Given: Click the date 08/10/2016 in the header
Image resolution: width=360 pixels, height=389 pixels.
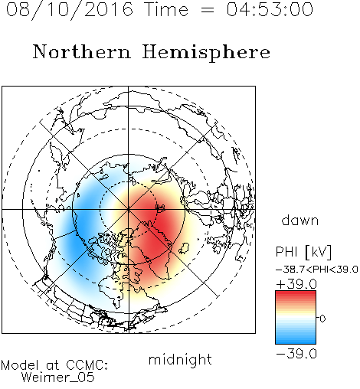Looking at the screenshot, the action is (70, 10).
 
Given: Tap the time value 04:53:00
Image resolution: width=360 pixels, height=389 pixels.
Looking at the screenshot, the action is (270, 9).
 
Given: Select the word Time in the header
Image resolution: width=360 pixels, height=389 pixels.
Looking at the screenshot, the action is (166, 9).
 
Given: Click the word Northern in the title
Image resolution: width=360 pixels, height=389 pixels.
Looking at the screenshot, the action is (82, 51).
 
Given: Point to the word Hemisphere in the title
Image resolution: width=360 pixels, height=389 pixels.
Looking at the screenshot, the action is (206, 53).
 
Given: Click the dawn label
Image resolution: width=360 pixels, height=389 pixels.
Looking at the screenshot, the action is (300, 220).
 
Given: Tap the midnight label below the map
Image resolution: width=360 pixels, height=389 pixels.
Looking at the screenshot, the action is (180, 359).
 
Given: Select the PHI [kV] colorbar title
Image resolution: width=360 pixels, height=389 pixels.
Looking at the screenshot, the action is (303, 252).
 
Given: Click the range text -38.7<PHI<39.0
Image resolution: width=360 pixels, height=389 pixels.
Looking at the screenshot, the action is (317, 270).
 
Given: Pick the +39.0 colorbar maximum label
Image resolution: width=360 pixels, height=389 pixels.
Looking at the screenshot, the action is (296, 284).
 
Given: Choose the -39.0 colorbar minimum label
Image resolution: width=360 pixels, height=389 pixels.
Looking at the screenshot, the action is (296, 354).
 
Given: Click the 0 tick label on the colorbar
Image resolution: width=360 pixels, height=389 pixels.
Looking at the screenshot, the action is (322, 319).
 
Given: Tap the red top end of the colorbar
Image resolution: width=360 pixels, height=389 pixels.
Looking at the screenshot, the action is (296, 293).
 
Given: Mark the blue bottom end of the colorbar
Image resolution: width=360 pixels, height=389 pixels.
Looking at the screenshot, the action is (296, 342).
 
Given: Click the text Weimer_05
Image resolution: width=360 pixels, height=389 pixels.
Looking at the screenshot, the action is (57, 378).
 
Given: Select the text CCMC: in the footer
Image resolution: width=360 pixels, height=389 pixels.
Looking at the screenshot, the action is (87, 365).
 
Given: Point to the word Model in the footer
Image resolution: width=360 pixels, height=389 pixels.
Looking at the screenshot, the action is (20, 365).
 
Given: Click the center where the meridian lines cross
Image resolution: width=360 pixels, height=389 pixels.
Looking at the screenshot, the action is (129, 209).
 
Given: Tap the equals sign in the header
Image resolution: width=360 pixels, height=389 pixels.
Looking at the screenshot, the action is (208, 10).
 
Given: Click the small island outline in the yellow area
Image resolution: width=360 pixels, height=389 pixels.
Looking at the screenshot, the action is (184, 248).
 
